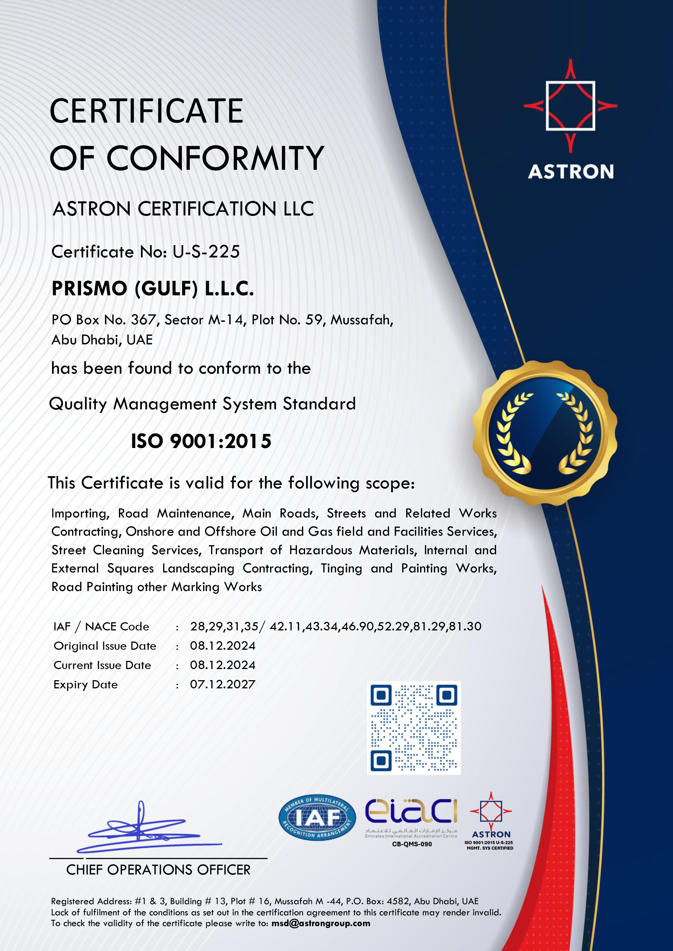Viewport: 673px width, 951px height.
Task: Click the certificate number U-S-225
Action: coord(206,252)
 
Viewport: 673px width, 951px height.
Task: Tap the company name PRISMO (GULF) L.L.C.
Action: coord(152,289)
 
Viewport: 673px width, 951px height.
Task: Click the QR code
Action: coord(414,728)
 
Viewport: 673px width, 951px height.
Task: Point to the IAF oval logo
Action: coord(317,817)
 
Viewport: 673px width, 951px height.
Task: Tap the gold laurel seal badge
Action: coord(544,433)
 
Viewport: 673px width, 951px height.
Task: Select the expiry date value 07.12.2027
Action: coord(223,684)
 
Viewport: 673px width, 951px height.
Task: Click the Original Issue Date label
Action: coord(105,646)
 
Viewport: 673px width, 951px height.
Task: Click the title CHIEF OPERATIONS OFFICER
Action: coord(158,870)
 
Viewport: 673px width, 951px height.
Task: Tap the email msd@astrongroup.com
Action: coord(321,923)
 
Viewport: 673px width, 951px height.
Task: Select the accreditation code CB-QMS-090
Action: coord(411,844)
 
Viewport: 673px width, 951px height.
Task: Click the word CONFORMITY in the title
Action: coord(216,158)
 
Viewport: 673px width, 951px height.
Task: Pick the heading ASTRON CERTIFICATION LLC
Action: coord(183,209)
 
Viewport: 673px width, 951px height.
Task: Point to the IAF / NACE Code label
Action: coord(101,626)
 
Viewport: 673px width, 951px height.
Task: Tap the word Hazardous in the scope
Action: coord(320,550)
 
